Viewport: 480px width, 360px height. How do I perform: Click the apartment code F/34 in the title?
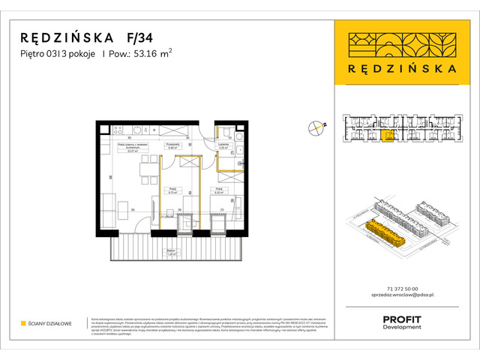[x=139, y=37]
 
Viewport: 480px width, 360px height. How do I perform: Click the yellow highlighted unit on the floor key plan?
[x=388, y=135]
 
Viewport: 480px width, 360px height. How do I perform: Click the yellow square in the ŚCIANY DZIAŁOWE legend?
[x=24, y=323]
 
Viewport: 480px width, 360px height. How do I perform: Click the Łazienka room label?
[x=223, y=146]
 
